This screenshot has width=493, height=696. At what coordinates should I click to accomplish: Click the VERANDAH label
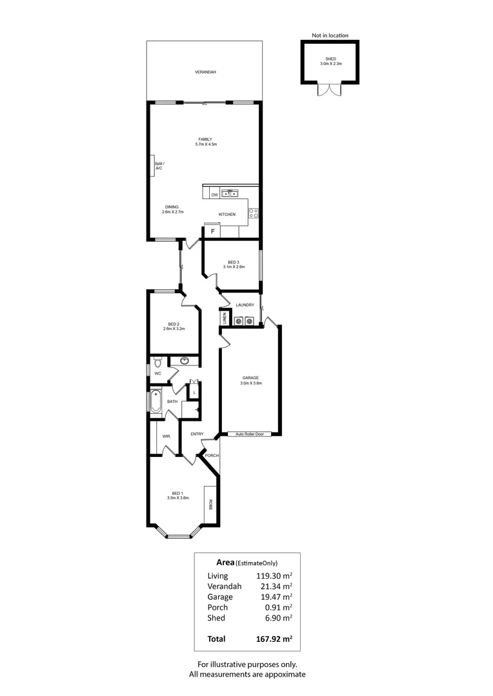205,72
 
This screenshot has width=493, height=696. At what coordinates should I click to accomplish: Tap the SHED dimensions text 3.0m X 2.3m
330,64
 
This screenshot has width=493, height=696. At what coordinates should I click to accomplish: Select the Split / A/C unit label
159,166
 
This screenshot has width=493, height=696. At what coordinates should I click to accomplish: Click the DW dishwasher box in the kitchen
214,193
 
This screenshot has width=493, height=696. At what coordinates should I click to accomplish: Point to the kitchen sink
230,193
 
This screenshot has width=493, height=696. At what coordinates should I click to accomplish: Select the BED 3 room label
233,262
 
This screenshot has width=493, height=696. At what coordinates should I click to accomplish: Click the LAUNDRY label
245,305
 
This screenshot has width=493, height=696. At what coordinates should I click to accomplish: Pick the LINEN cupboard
224,318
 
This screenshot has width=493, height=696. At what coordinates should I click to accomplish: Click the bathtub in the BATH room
156,402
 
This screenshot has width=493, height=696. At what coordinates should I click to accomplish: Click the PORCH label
212,455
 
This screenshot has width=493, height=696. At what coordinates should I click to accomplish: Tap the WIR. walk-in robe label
166,436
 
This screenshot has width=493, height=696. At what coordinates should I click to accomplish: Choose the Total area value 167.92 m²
270,639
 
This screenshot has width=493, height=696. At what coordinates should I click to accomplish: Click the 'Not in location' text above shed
330,35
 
